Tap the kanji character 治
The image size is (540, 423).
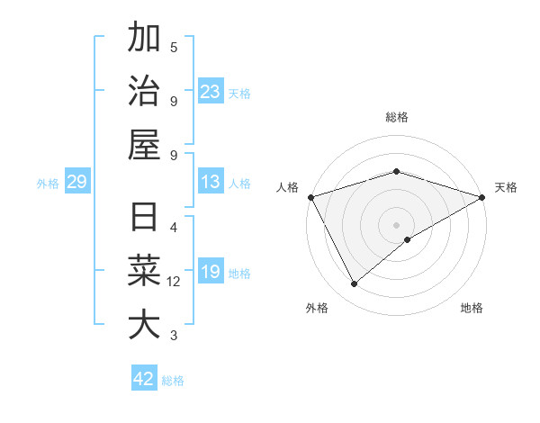[x=144, y=92]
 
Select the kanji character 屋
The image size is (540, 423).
[x=144, y=145]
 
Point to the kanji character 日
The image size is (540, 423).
[x=144, y=219]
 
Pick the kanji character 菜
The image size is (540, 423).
[x=144, y=272]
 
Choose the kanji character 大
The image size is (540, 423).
[x=144, y=325]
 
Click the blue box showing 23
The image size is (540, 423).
[x=211, y=91]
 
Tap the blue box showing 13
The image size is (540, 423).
[x=211, y=183]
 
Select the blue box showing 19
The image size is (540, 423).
[x=211, y=272]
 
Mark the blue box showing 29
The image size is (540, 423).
[x=76, y=183]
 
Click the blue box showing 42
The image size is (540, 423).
[x=144, y=379]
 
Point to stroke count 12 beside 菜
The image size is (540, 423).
[x=174, y=282]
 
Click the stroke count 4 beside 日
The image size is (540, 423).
[x=174, y=227]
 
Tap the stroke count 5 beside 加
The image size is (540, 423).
[x=174, y=47]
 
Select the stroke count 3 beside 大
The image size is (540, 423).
[x=174, y=336]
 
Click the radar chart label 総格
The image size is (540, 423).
[x=397, y=117]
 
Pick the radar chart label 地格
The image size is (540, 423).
[x=472, y=308]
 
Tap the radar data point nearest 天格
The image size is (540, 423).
[x=482, y=197]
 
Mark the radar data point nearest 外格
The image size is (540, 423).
[x=355, y=283]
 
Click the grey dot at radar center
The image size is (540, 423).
[x=397, y=224]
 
